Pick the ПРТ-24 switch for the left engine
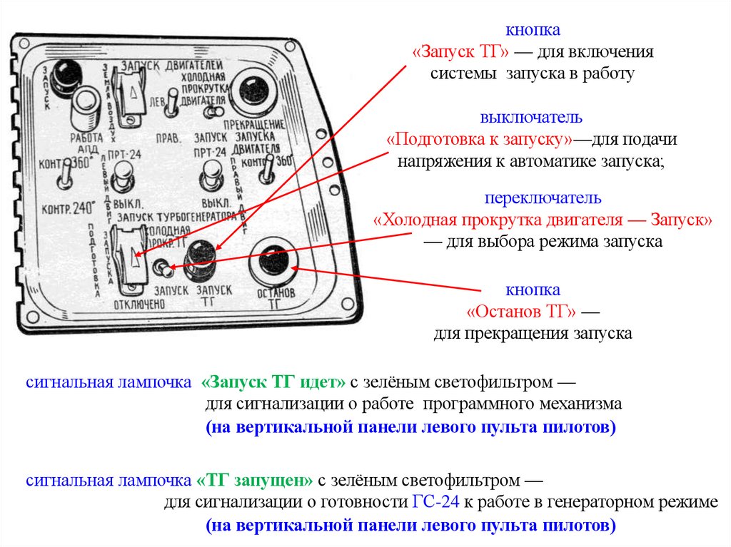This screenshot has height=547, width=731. click(x=125, y=173)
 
